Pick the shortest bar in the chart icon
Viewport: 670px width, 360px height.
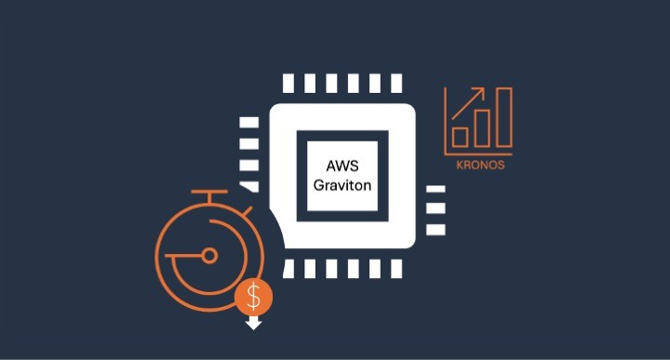(x=458, y=138)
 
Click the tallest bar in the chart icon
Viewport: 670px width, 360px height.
(x=503, y=118)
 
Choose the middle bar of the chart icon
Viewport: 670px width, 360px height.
(x=481, y=127)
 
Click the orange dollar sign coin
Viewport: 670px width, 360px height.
(x=253, y=297)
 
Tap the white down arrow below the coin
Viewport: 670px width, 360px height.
(x=253, y=323)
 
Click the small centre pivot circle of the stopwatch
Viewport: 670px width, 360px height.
(x=209, y=255)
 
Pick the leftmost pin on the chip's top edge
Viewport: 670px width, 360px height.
(x=288, y=83)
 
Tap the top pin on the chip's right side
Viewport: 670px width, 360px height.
(x=435, y=189)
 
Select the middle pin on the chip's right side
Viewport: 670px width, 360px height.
(x=435, y=209)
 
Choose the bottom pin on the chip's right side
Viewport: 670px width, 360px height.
(x=435, y=229)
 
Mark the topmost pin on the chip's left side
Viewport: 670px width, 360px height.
(x=248, y=122)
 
